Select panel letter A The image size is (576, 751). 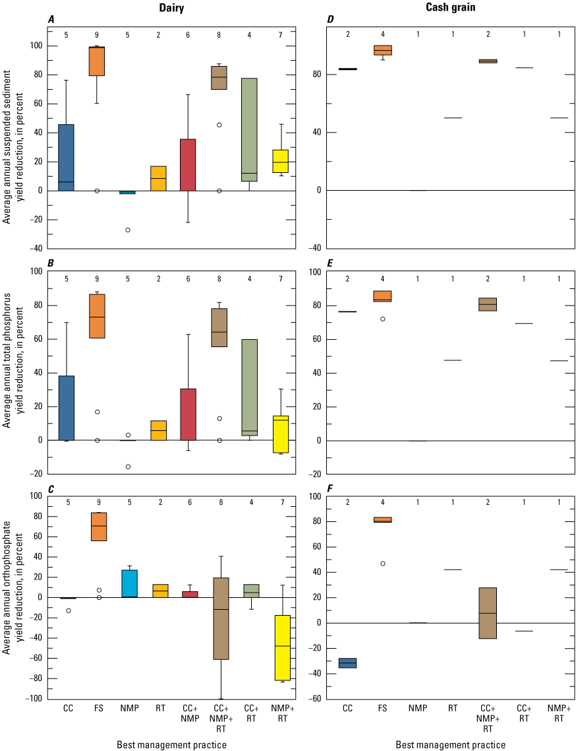(x=51, y=20)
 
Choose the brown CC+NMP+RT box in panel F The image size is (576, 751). (x=488, y=613)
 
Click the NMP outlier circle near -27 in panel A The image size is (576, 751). (x=128, y=230)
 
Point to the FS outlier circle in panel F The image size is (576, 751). (x=383, y=564)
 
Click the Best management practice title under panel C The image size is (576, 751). (x=172, y=745)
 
